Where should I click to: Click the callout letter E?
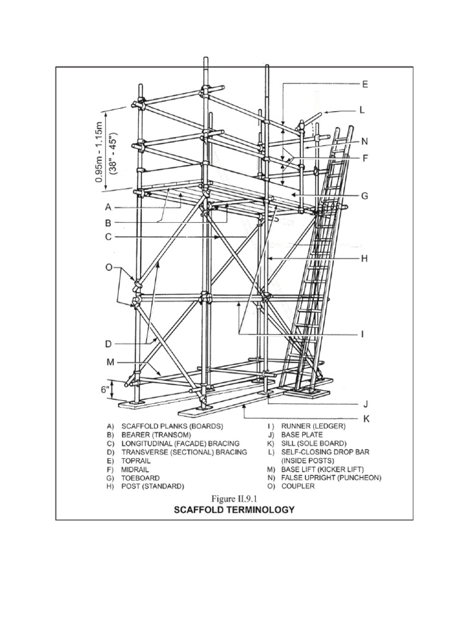click(364, 84)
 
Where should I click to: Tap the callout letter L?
click(361, 110)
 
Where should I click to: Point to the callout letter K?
click(366, 419)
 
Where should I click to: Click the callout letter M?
click(110, 363)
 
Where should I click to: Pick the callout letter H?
click(364, 259)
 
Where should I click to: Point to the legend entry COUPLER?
click(298, 487)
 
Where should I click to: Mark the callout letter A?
click(108, 206)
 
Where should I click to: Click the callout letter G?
click(364, 196)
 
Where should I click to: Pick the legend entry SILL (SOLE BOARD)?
click(313, 444)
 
